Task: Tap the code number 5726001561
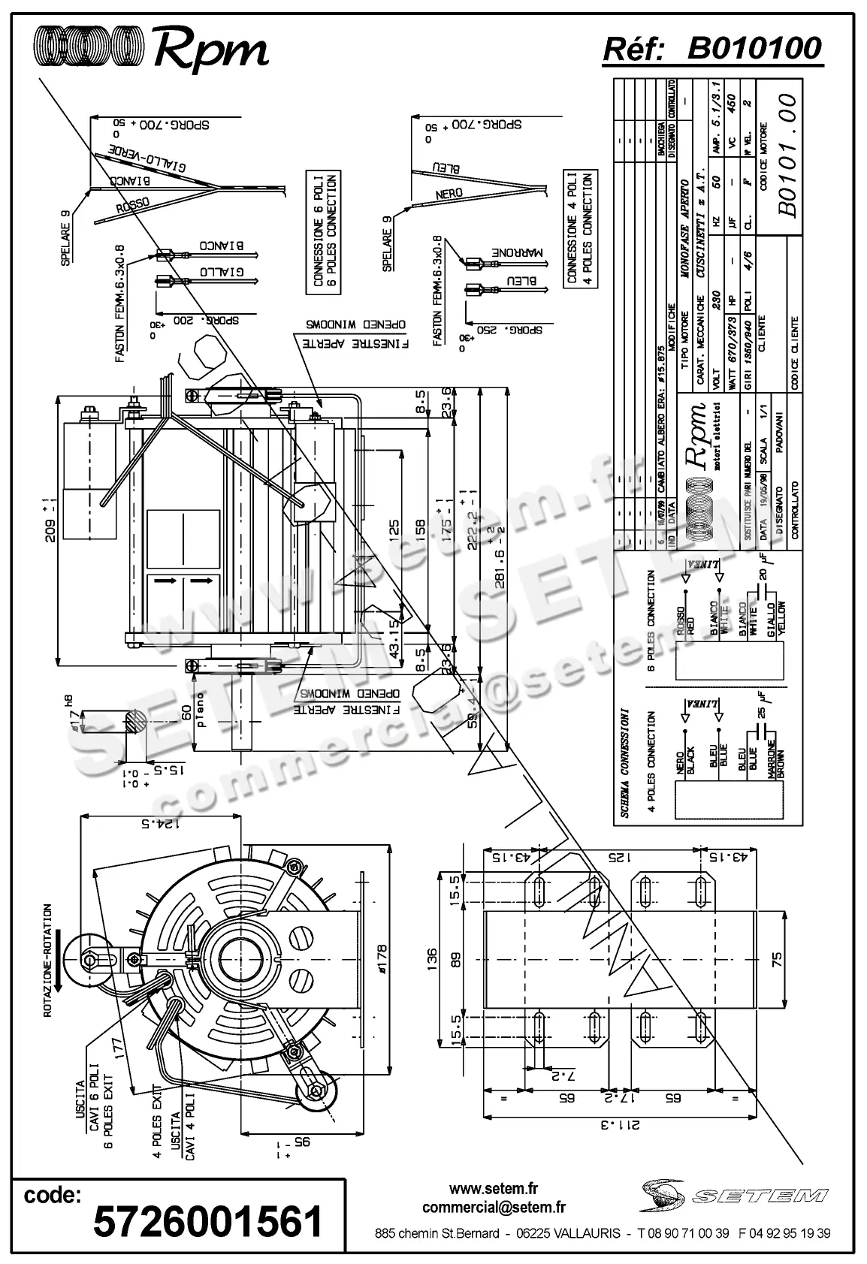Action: [x=208, y=1220]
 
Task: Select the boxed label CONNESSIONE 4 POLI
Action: [x=578, y=228]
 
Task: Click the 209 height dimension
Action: [x=50, y=515]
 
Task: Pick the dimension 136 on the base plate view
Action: [x=430, y=958]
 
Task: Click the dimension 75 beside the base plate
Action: [x=777, y=959]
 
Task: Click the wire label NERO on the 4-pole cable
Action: [x=449, y=194]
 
